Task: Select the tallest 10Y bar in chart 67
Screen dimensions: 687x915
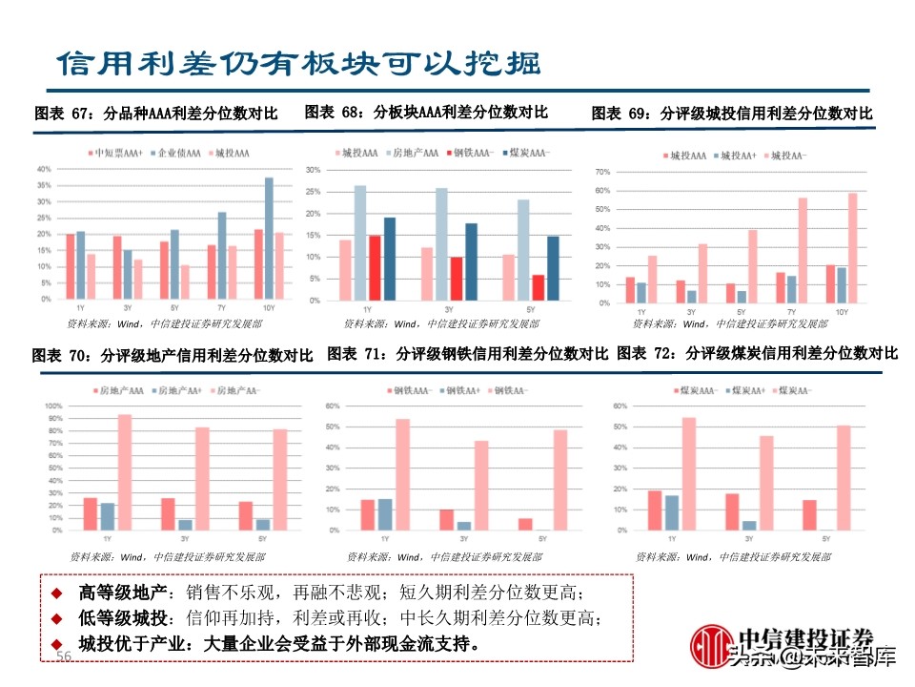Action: click(x=269, y=239)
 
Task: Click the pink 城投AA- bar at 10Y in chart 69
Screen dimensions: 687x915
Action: click(x=851, y=248)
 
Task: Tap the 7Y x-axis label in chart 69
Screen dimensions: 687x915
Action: click(x=791, y=312)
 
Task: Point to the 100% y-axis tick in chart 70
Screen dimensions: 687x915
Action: click(x=54, y=406)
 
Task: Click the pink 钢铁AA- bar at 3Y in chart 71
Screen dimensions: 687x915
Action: click(x=481, y=486)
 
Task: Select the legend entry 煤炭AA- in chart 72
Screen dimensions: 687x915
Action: click(x=792, y=390)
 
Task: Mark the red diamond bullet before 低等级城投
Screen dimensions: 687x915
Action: click(x=57, y=618)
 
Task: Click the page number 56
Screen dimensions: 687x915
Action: click(x=65, y=656)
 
